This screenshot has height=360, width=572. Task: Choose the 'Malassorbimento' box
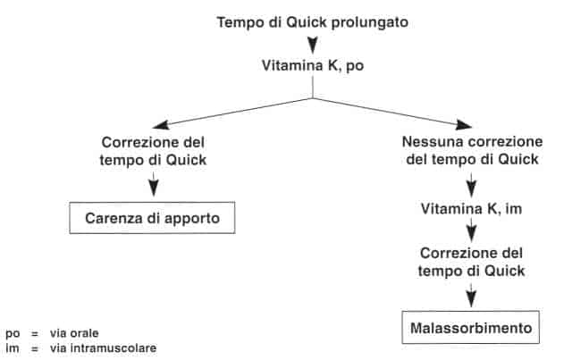click(x=471, y=329)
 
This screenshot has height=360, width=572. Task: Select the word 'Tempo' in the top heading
click(x=239, y=21)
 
